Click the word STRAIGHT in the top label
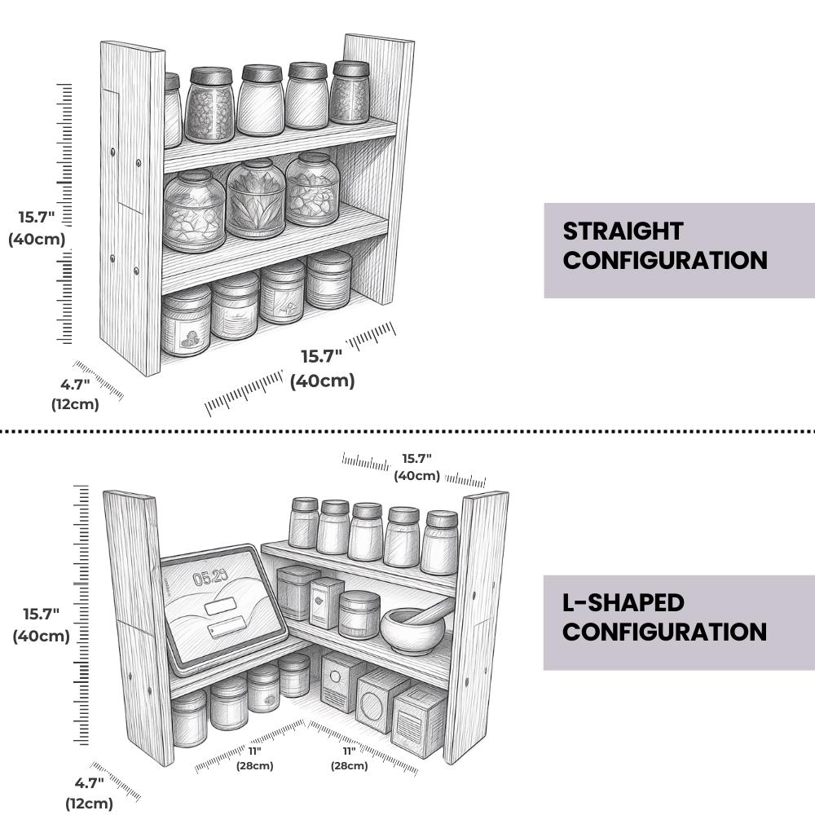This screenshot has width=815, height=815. pos(623,231)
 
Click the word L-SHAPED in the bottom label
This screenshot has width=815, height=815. pos(623,603)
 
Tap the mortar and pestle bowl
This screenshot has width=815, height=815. pos(412,631)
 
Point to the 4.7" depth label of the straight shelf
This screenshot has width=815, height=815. pos(75,394)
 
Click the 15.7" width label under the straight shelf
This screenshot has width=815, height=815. pos(322,368)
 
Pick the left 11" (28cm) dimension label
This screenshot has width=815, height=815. pos(254,758)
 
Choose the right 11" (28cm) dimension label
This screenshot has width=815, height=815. pos(350,758)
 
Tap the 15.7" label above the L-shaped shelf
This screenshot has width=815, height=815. pos(416,467)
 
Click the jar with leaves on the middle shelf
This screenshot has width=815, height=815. pos(256,199)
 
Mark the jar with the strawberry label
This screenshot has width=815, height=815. pos(186,322)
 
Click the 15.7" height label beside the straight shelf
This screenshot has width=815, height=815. pos(37,227)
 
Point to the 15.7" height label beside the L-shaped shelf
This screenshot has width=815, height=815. pos(41,624)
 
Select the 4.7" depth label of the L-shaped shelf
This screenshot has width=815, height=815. pos(90,793)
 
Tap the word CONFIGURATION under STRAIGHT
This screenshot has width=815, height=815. pos(665,261)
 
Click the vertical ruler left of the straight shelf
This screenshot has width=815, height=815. pos(64,213)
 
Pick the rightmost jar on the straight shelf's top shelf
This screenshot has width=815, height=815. pos(350,93)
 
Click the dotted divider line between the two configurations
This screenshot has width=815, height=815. pos(407,431)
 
